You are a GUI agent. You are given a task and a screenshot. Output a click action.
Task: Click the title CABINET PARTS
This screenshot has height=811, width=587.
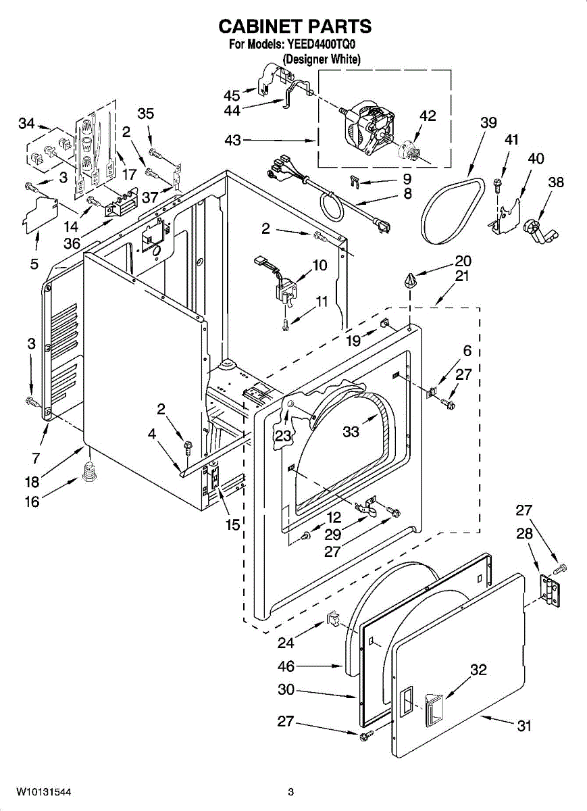[x=295, y=26]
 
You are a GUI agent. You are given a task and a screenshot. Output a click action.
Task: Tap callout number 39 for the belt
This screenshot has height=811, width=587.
[x=488, y=122]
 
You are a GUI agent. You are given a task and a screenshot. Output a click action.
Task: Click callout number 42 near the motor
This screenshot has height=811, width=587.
[x=427, y=116]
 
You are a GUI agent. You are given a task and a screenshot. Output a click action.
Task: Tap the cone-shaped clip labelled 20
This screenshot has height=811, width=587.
[x=411, y=279]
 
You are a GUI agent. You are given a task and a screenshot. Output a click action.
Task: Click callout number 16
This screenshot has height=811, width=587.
[x=32, y=501]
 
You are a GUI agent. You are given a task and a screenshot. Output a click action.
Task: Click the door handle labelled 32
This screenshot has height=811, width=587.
[x=433, y=710]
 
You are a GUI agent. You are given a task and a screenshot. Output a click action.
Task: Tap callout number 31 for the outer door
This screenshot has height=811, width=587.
[x=524, y=726]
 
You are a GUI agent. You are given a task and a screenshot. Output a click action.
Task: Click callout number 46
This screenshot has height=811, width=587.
[x=286, y=666]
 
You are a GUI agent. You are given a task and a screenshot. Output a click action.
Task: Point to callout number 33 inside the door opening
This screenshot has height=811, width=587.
[x=351, y=431]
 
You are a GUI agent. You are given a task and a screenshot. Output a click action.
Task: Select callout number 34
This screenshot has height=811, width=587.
[x=26, y=123]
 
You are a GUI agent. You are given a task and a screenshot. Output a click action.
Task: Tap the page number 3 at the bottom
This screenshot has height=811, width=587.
[x=290, y=791]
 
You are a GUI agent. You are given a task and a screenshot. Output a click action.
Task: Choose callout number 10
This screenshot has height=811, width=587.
[x=320, y=265]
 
